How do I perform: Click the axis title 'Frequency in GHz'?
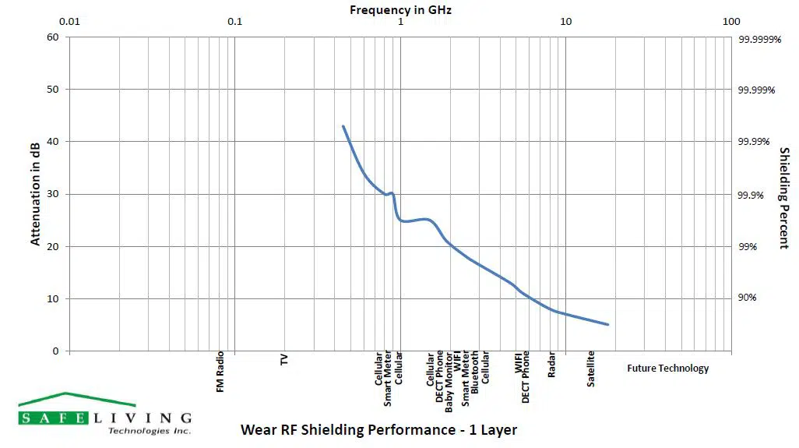[x=400, y=9]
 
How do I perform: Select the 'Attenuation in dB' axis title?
[x=35, y=194]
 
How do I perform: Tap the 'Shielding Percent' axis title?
[x=784, y=199]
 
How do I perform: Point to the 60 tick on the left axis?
[x=53, y=37]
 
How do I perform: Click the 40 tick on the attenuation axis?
[x=53, y=142]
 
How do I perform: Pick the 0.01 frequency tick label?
[x=70, y=22]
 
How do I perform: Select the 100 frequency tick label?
[x=730, y=22]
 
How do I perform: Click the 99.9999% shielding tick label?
[x=759, y=37]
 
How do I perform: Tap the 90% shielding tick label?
[x=748, y=298]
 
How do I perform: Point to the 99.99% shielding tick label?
[x=753, y=142]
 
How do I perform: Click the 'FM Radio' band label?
[x=220, y=372]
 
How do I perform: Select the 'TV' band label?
[x=284, y=360]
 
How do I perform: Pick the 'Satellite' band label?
[x=591, y=369]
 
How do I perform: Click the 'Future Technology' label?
[x=668, y=369]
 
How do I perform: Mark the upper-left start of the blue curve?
[x=343, y=126]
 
